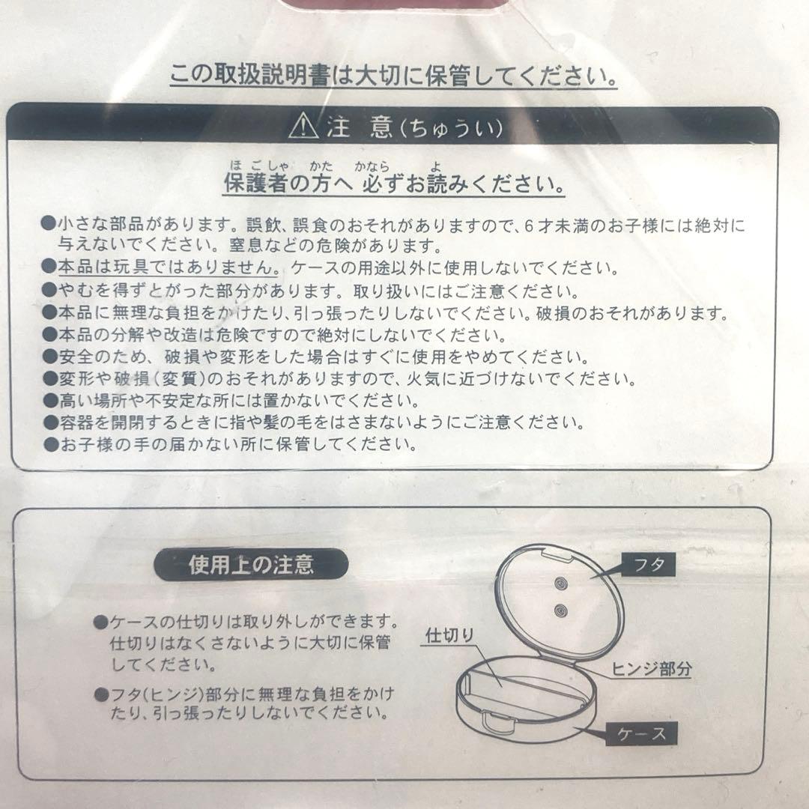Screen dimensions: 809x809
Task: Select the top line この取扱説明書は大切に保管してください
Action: pos(393,76)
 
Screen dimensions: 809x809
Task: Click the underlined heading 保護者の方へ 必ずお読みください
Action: pos(395,184)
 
